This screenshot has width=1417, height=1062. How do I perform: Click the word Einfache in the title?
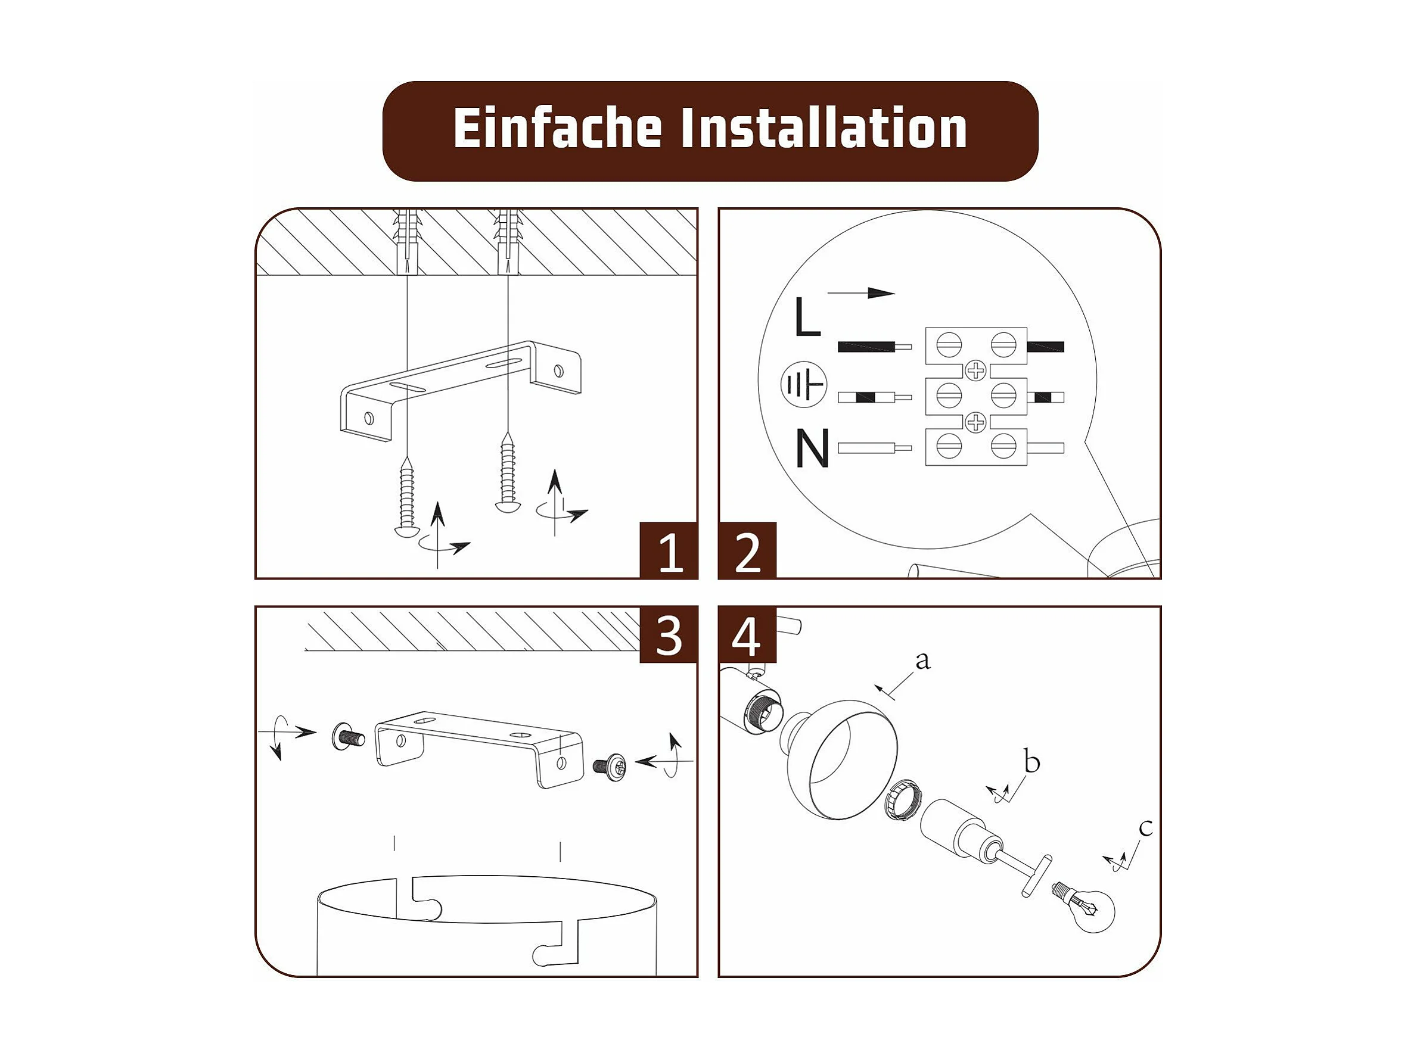[x=557, y=128]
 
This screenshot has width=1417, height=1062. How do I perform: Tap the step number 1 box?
[x=669, y=550]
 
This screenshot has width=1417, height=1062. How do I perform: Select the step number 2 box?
[x=748, y=550]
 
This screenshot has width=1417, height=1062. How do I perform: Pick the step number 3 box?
[x=669, y=635]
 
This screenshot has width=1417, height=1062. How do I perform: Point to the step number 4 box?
[x=748, y=635]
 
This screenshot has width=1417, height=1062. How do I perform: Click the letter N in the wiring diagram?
[x=812, y=448]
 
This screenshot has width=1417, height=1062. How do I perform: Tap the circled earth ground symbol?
[x=803, y=385]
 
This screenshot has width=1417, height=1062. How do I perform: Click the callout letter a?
[x=922, y=660]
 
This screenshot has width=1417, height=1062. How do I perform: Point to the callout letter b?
[x=1031, y=761]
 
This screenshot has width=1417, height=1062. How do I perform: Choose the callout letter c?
[x=1146, y=828]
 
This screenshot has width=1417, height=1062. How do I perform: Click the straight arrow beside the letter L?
[x=861, y=293]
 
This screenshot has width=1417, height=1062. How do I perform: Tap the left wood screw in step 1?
[x=406, y=497]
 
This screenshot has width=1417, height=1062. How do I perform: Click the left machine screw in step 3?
[x=348, y=737]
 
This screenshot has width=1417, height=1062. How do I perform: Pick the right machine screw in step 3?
[x=610, y=765]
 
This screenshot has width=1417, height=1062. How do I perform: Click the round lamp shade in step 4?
[x=839, y=760]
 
